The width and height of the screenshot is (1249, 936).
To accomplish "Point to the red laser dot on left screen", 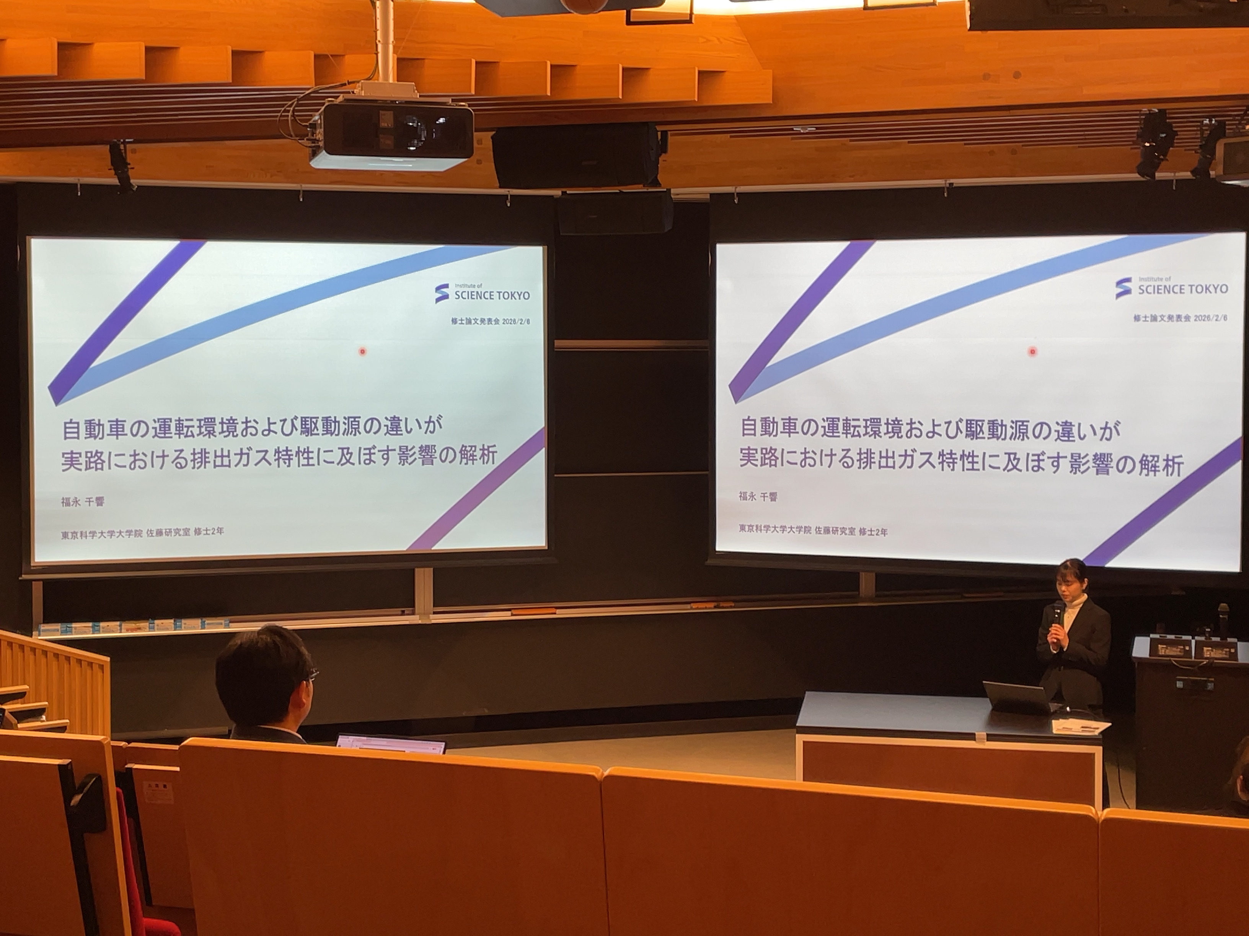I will coord(362,351).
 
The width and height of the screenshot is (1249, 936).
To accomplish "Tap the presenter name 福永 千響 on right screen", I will coord(758,497).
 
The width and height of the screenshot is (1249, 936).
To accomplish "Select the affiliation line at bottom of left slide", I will coord(142,532).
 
